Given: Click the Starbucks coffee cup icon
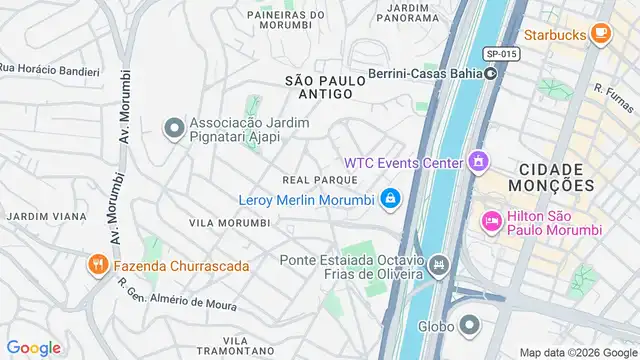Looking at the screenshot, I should coord(600,34).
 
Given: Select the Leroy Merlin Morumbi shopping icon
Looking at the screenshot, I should coord(390,199).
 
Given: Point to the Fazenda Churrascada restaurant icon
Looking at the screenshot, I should coord(98,266).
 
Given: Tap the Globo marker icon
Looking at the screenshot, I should coord(468,325).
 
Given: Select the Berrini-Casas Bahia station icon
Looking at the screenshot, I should coord(490,73).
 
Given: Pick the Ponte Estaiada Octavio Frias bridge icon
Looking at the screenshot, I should coord(439,265).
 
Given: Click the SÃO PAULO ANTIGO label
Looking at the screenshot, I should coord(319,86).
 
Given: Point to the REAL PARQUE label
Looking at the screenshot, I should coord(320,179).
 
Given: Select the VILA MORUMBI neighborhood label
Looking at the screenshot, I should coord(229,222).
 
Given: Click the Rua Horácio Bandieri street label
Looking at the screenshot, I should coord(49,70).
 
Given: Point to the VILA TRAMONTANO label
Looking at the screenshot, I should coord(236,346).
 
